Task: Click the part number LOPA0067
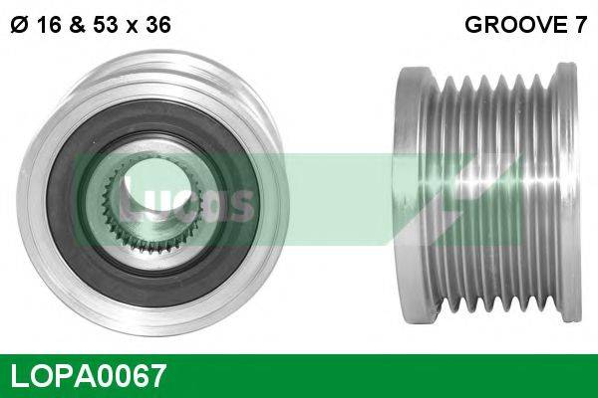pos(88,376)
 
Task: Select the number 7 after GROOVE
pos(579,27)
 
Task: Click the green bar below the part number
pos(299,394)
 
